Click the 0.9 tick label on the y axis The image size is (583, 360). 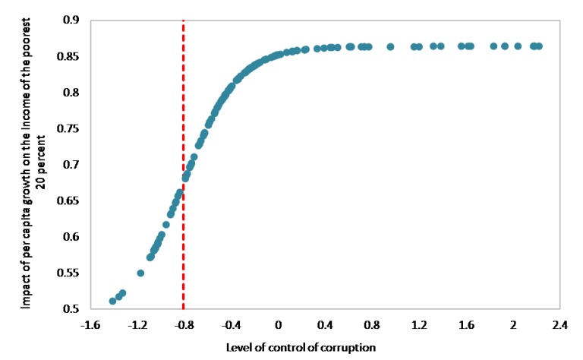coord(70,21)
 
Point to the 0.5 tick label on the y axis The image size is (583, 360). coord(70,309)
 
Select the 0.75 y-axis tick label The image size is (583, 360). coord(68,128)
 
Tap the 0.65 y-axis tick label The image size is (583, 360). coord(68,201)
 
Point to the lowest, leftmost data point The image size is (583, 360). coord(112,302)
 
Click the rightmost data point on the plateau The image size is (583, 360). coord(539,46)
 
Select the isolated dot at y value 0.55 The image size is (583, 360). coord(140,273)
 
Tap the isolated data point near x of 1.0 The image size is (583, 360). coord(390,46)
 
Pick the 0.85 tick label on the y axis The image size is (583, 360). coord(68,56)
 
